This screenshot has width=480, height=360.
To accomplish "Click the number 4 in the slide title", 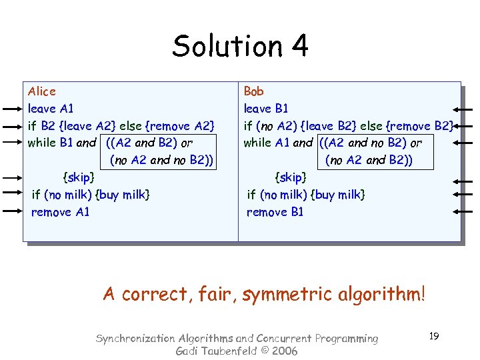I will click(299, 46).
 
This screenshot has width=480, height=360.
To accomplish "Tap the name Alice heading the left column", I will click(42, 91).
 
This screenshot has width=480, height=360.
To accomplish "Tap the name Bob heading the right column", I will click(254, 91).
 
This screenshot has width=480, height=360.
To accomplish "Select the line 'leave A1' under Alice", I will click(51, 108).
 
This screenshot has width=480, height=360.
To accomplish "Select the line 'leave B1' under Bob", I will click(266, 108).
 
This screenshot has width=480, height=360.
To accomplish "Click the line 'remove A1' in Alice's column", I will click(60, 212).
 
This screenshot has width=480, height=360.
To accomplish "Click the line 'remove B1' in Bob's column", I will click(275, 212).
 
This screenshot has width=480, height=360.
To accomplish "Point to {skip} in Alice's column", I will click(78, 177).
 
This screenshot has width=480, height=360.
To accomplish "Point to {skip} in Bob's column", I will click(291, 177).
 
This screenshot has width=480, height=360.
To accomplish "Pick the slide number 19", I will click(433, 336).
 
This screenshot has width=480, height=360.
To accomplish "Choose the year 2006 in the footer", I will click(284, 351).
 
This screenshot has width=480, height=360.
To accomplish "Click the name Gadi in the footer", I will click(187, 351).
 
